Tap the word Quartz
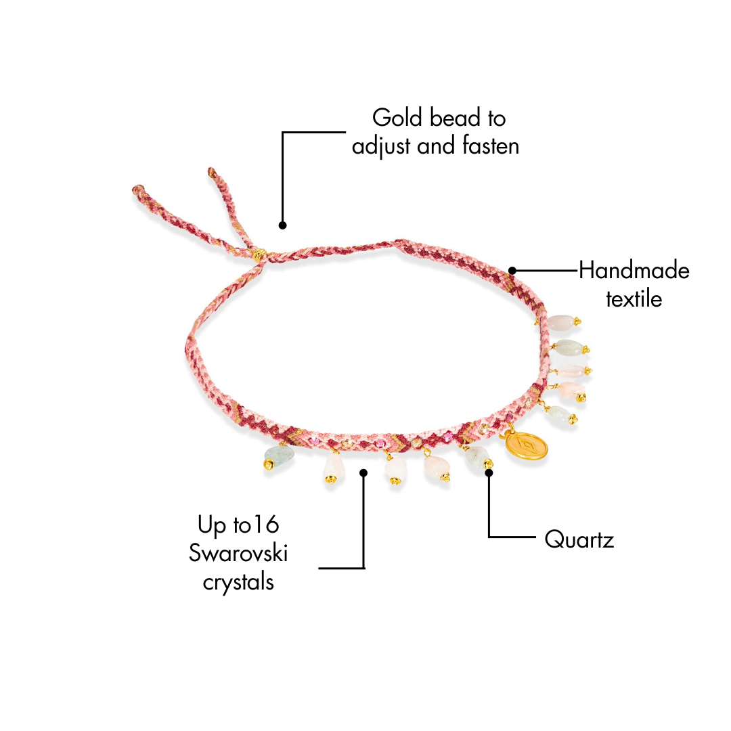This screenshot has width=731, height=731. click(x=579, y=540)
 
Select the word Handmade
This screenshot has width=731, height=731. click(x=634, y=271)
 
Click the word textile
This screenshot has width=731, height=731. click(x=634, y=298)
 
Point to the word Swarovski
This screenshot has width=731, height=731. click(x=238, y=553)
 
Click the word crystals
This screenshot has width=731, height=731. click(x=238, y=581)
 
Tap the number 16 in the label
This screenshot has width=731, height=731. click(x=267, y=525)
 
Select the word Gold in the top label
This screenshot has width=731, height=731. click(x=397, y=118)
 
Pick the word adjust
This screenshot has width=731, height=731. click(x=381, y=146)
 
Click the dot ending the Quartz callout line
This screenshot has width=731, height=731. click(x=489, y=472)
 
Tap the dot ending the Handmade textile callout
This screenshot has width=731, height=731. click(x=512, y=271)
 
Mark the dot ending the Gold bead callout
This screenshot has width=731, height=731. click(x=283, y=225)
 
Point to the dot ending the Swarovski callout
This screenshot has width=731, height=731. click(x=364, y=472)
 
